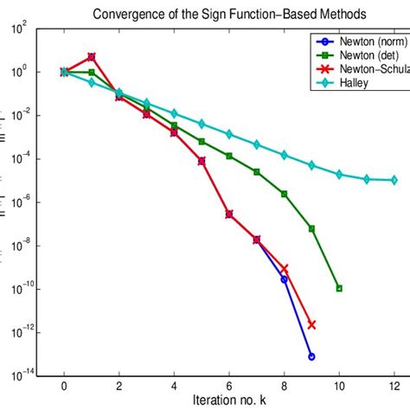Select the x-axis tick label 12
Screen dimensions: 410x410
[x=394, y=386]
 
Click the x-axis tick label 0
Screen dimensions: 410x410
[x=64, y=386]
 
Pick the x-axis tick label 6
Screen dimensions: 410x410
[x=228, y=386]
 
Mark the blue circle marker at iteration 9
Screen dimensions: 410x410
[x=311, y=356]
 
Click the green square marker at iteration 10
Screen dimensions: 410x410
[x=339, y=288]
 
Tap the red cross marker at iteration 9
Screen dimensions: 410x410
[x=311, y=324]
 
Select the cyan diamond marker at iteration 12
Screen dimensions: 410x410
[x=394, y=180]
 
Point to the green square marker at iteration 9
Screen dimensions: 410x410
[x=311, y=228]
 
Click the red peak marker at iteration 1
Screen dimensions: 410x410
[x=92, y=57]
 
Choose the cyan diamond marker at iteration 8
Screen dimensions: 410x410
[x=284, y=155]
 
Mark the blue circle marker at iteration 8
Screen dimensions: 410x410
[x=284, y=279]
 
